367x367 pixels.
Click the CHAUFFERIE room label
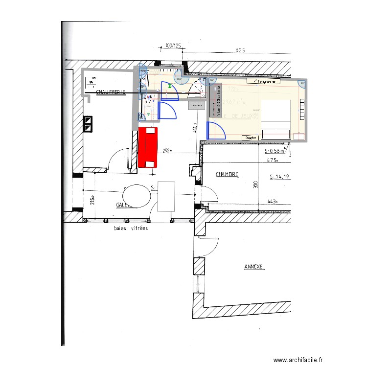[111, 92]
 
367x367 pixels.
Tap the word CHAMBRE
[227, 174]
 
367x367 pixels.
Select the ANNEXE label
[254, 267]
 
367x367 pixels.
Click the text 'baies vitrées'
[131, 228]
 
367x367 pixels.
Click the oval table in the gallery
[138, 197]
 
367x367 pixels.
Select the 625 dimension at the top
[240, 50]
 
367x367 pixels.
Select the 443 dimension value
[273, 201]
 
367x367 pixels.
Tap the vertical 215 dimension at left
[92, 200]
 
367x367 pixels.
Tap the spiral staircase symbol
[197, 88]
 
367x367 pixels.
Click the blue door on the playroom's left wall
[214, 131]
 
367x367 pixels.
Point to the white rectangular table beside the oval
[166, 196]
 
